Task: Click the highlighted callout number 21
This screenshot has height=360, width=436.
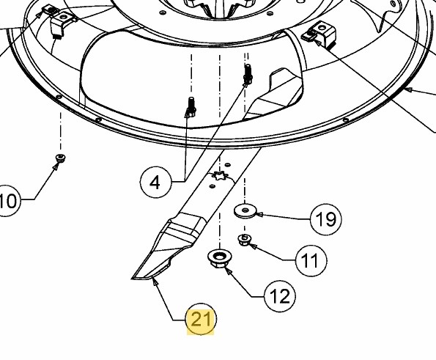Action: pos(200,319)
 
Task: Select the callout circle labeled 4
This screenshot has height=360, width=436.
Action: pos(155,183)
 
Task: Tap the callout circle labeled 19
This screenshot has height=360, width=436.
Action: pos(325,219)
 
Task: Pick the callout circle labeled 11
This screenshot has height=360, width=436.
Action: pos(311,260)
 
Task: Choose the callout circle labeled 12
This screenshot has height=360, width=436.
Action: pos(280,296)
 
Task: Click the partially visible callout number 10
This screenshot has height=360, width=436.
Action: pos(8,201)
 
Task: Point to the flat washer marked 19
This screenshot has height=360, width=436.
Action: pos(245,211)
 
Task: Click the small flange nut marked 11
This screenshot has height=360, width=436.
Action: pos(245,240)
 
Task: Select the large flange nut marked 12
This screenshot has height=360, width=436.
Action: pos(219,258)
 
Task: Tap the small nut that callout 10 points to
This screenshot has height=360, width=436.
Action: pos(60,158)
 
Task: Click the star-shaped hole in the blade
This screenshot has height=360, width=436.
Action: pos(220,176)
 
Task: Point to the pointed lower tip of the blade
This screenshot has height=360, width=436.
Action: pos(133,278)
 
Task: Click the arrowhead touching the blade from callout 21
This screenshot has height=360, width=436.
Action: pos(155,282)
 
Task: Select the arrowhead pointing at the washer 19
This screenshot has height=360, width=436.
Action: pos(259,214)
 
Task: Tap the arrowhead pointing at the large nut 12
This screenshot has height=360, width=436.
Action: pos(229,271)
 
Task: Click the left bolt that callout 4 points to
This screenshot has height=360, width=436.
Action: pos(191,107)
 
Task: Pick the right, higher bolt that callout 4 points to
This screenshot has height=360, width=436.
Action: pos(248,75)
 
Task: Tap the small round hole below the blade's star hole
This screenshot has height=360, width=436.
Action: pos(213,185)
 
